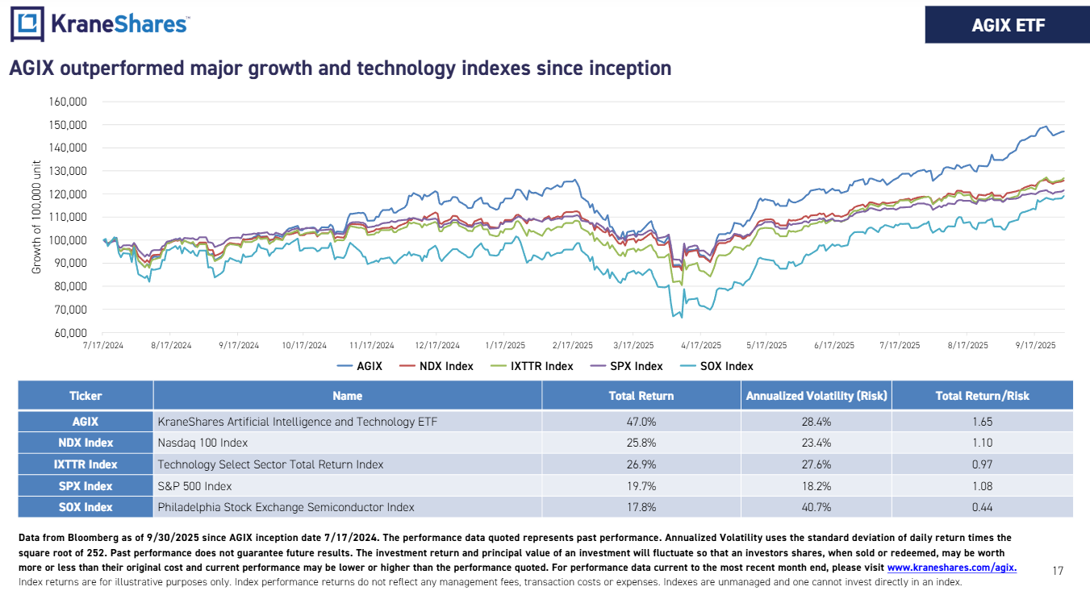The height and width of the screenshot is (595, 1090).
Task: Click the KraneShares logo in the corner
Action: pyautogui.click(x=100, y=24)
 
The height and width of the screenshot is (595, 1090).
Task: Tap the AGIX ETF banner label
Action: pyautogui.click(x=1008, y=26)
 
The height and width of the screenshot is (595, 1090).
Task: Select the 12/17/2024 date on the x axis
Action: pyautogui.click(x=437, y=345)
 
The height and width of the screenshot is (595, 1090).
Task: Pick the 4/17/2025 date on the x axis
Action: pyautogui.click(x=701, y=345)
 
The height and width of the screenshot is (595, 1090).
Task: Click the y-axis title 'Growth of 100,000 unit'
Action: pyautogui.click(x=36, y=218)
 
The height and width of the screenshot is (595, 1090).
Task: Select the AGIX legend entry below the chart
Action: pyautogui.click(x=369, y=366)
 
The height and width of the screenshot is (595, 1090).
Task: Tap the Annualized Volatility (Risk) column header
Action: pyautogui.click(x=816, y=396)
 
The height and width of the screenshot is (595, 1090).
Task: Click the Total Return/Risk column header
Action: pyautogui.click(x=982, y=396)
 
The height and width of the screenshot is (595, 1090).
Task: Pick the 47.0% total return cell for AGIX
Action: pyautogui.click(x=641, y=421)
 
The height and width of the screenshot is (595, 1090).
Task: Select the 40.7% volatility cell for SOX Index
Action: pyautogui.click(x=816, y=507)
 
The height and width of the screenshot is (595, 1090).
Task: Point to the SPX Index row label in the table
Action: pyautogui.click(x=86, y=486)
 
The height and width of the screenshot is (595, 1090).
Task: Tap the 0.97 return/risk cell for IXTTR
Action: pyautogui.click(x=982, y=464)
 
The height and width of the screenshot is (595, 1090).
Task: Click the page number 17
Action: pyautogui.click(x=1058, y=571)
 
